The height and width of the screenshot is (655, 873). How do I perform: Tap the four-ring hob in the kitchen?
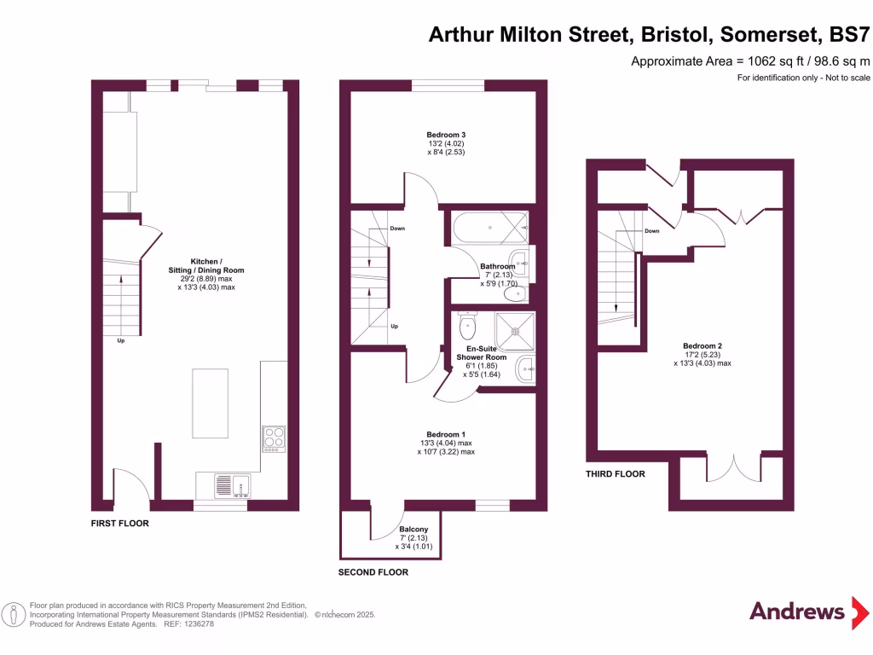pyautogui.click(x=275, y=437)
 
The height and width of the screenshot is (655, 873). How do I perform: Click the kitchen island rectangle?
pyautogui.click(x=210, y=402)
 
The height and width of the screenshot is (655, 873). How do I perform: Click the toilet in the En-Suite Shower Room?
pyautogui.click(x=467, y=325)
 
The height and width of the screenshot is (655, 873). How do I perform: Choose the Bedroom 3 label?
pyautogui.click(x=446, y=135)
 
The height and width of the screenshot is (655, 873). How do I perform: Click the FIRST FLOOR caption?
pyautogui.click(x=120, y=524)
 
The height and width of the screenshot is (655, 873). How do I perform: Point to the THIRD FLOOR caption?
pyautogui.click(x=615, y=474)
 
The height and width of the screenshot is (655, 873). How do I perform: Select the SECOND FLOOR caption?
pyautogui.click(x=373, y=572)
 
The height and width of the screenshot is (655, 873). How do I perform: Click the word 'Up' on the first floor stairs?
pyautogui.click(x=122, y=341)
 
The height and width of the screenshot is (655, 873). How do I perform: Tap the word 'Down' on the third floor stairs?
pyautogui.click(x=651, y=231)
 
